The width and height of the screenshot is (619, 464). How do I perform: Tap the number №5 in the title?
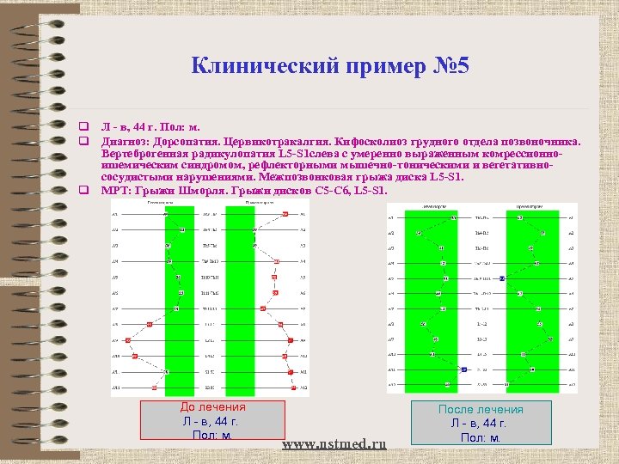coord(447,65)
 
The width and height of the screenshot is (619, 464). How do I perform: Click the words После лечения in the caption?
coord(481,410)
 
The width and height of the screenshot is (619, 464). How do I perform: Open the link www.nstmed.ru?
coord(334,443)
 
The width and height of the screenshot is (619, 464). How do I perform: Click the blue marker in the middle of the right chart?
coord(501,278)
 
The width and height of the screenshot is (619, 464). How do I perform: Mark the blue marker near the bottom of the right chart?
coord(463,369)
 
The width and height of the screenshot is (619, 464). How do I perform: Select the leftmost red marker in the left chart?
coord(127,339)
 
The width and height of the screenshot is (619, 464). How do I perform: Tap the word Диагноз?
coord(126,141)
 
